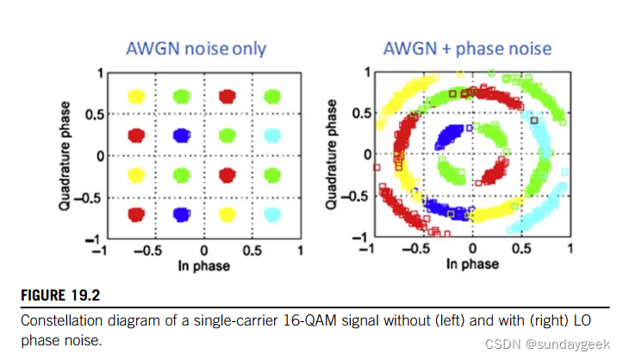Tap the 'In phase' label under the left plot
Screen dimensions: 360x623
point(204,265)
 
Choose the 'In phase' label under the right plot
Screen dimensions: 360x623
point(471,265)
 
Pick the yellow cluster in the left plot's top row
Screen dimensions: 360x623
point(136,96)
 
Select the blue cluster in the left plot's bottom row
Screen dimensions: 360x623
point(181,214)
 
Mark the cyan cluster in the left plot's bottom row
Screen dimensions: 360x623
point(273,214)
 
